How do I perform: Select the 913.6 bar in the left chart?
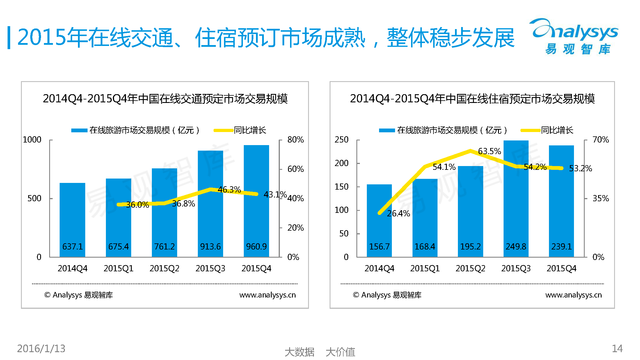pyautogui.click(x=210, y=204)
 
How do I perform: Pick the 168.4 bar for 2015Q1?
pyautogui.click(x=425, y=218)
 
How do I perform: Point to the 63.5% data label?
pyautogui.click(x=489, y=151)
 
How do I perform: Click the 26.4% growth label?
pyautogui.click(x=398, y=213)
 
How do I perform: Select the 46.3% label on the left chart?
pyautogui.click(x=229, y=190)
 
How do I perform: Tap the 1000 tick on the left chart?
pyautogui.click(x=32, y=140)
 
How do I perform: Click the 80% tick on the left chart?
pyautogui.click(x=295, y=140)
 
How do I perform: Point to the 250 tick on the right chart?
pyautogui.click(x=341, y=140)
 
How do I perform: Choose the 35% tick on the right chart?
pyautogui.click(x=600, y=198)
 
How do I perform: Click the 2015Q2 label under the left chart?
pyautogui.click(x=164, y=268)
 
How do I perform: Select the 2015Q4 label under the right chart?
pyautogui.click(x=561, y=268)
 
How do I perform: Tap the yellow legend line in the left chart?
pyautogui.click(x=223, y=130)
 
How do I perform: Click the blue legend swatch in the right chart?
pyautogui.click(x=387, y=130)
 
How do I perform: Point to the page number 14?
pyautogui.click(x=617, y=348)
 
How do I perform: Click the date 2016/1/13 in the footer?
pyautogui.click(x=41, y=348)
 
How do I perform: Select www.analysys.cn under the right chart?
pyautogui.click(x=573, y=295)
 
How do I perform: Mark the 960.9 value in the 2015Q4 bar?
pyautogui.click(x=256, y=247)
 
